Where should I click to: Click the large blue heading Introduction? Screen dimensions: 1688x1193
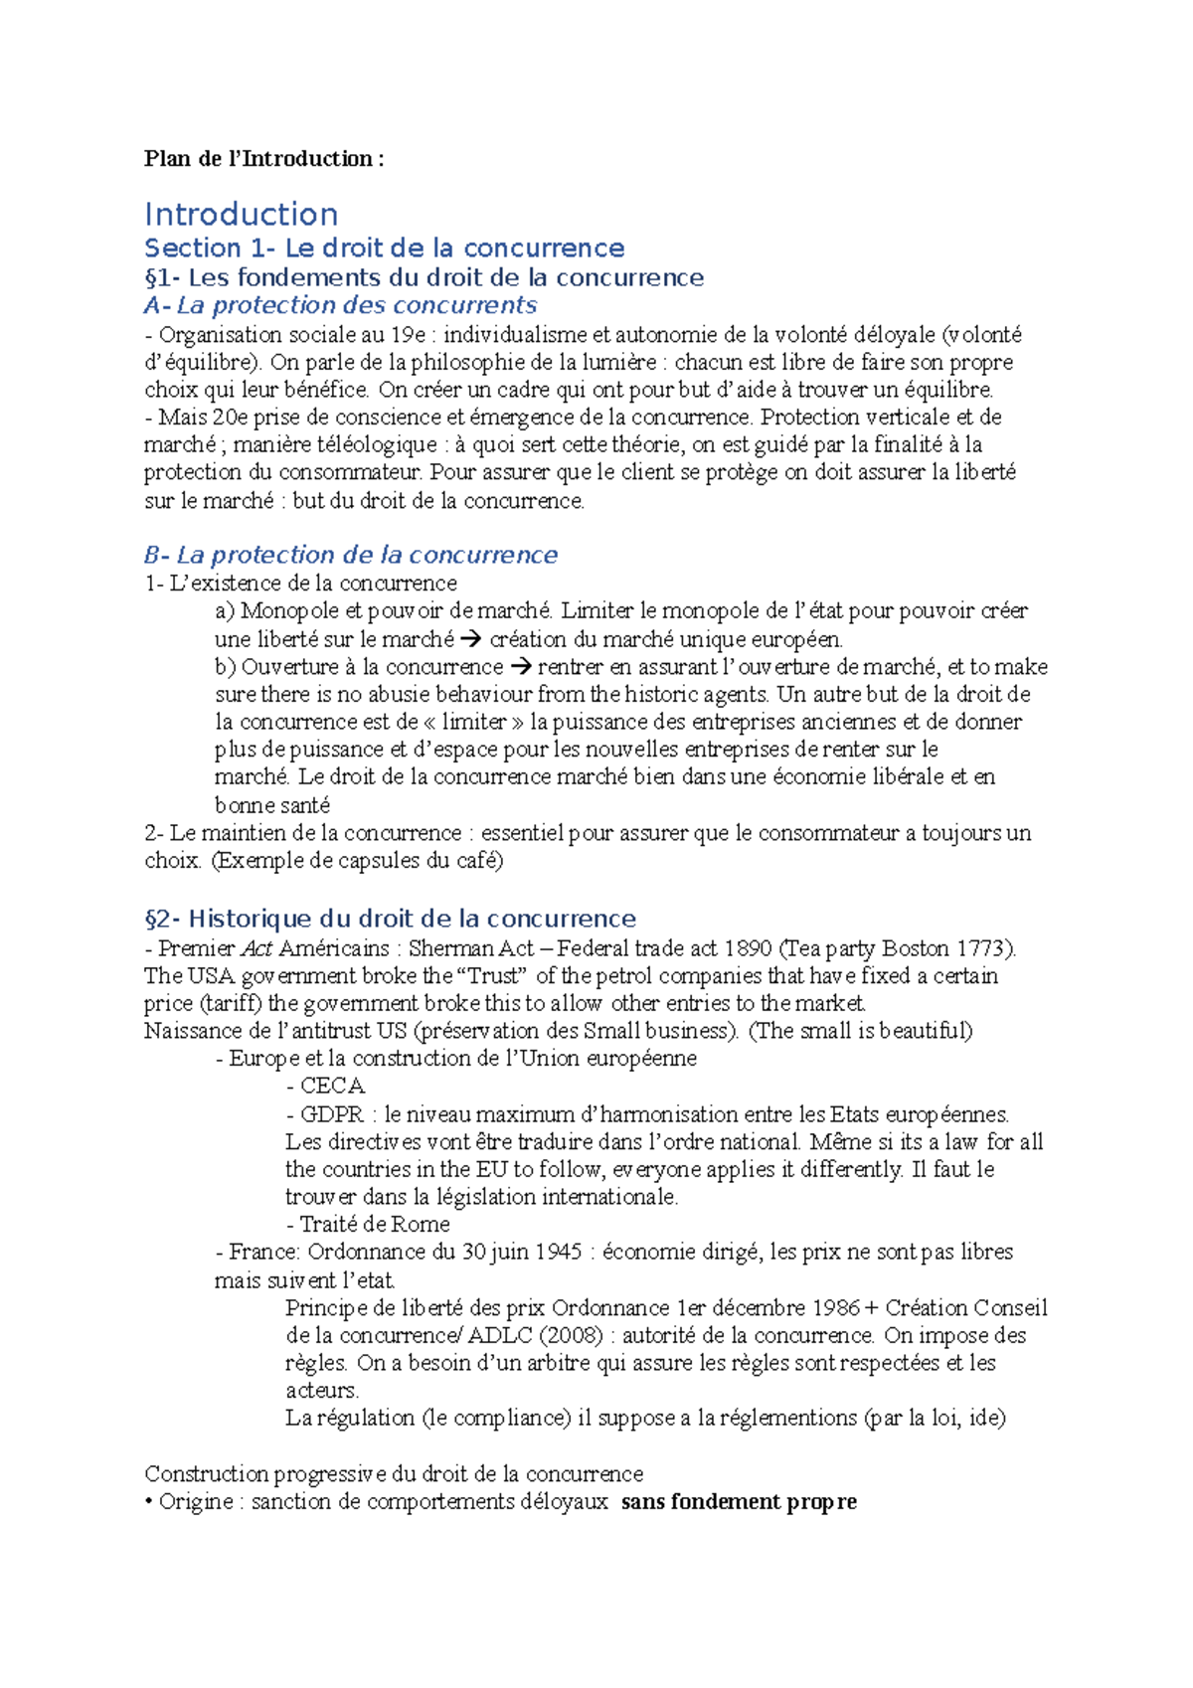pos(241,215)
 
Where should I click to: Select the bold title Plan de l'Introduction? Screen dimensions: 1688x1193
pos(263,159)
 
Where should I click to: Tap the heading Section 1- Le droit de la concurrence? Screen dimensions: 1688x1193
pos(384,249)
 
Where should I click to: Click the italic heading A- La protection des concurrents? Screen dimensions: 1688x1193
pos(340,305)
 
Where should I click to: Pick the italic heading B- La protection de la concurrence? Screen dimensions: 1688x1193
pos(351,555)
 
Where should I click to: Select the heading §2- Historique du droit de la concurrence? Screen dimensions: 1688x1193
pos(390,919)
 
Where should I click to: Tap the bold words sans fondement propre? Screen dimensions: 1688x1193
pos(739,1502)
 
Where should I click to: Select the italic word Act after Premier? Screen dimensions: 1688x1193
pos(256,948)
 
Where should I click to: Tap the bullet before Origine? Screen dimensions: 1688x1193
pos(149,1502)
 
